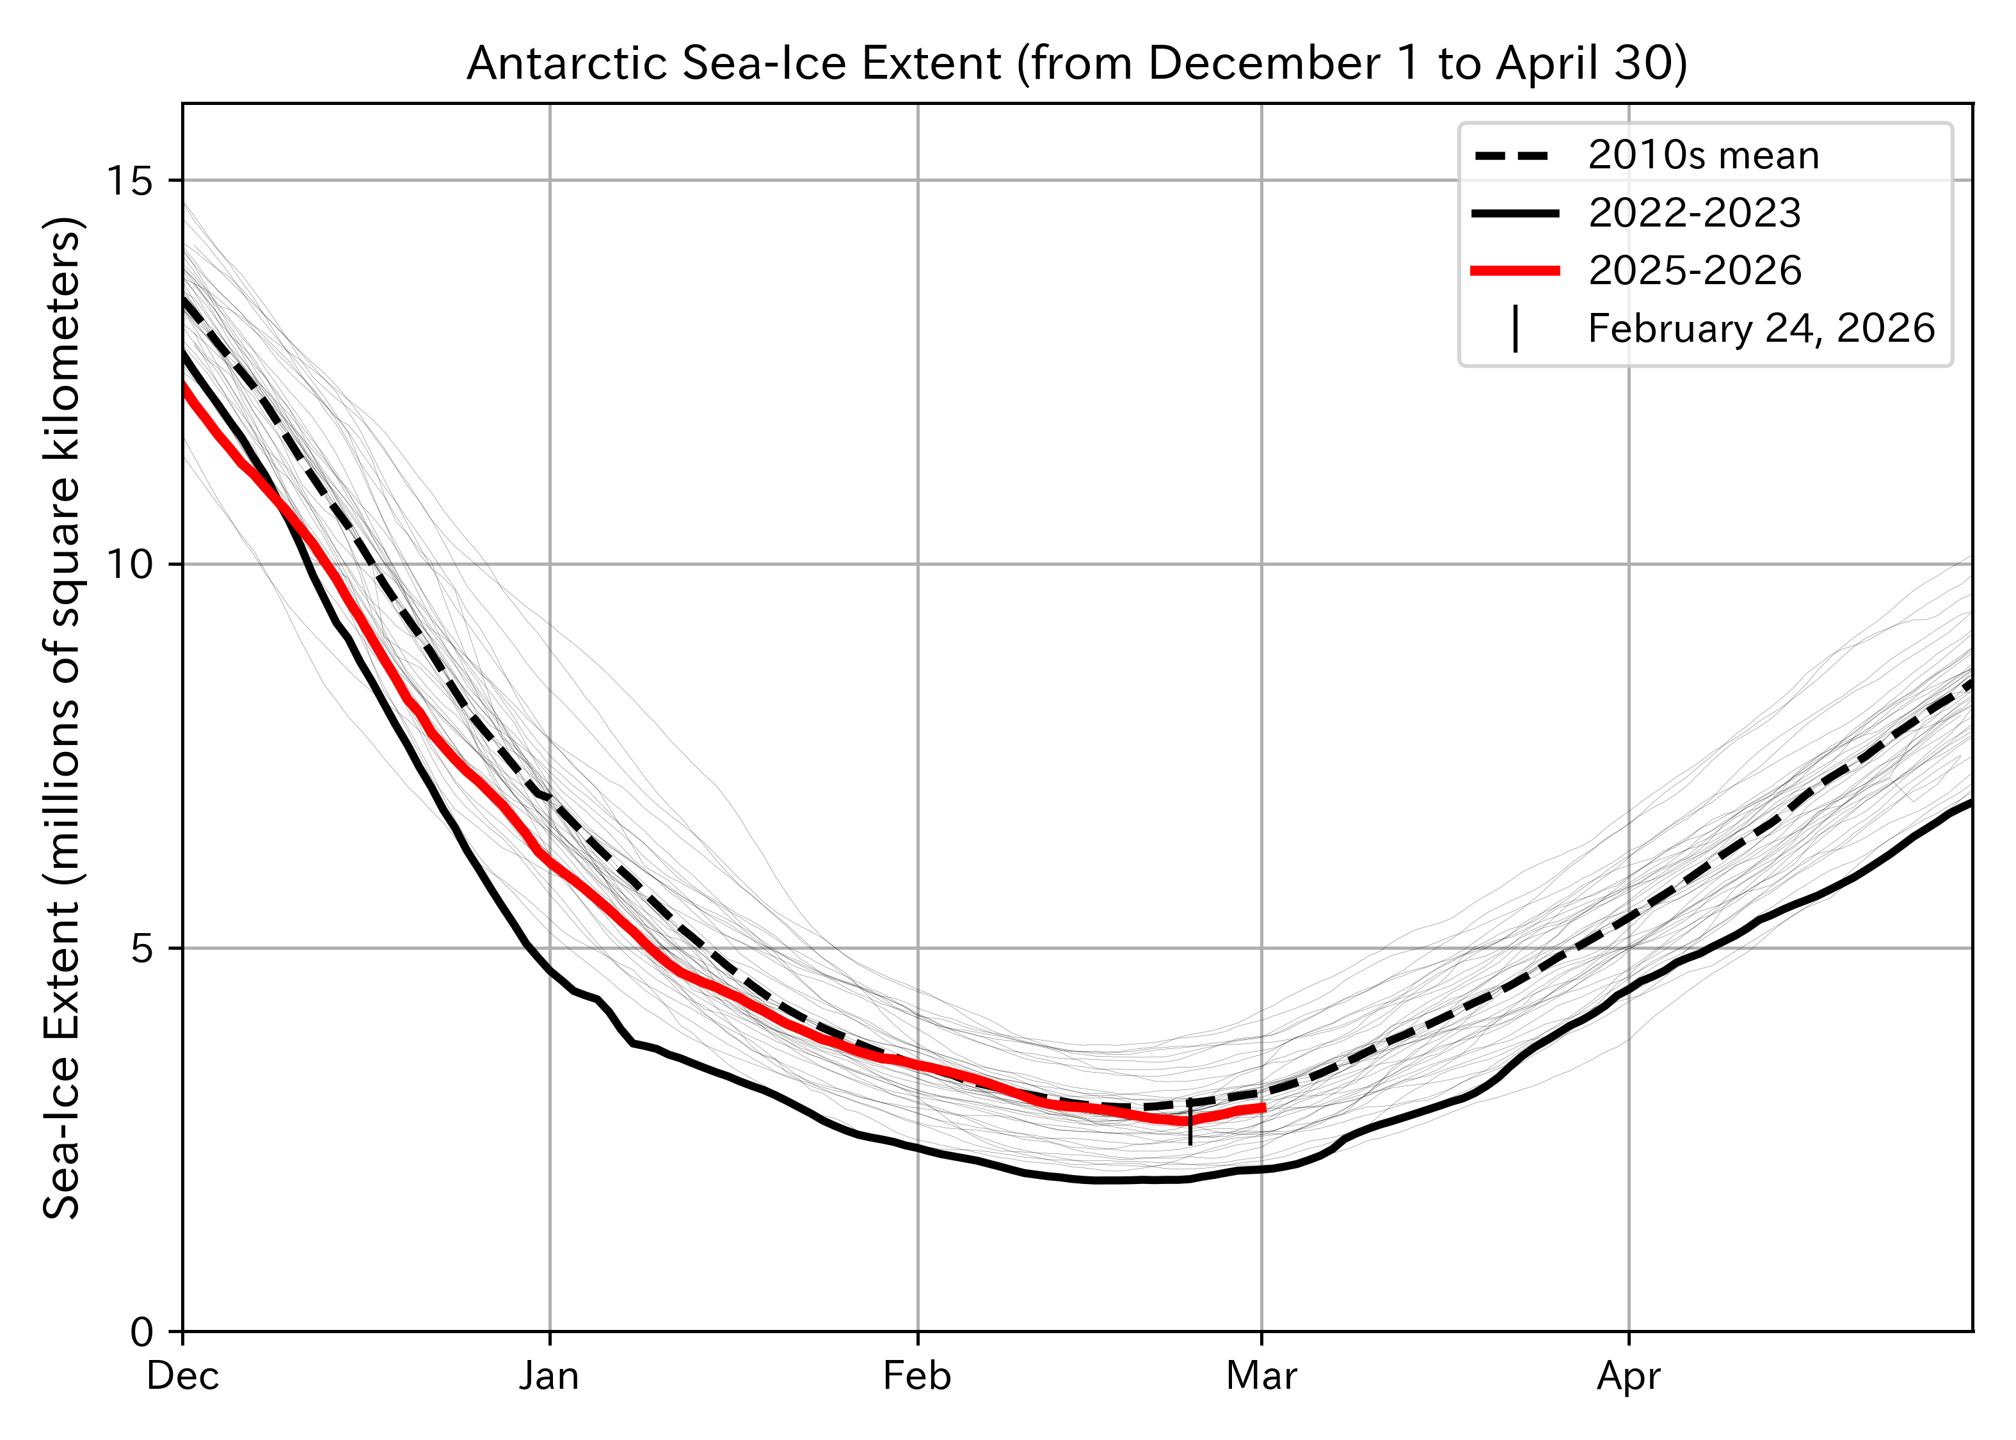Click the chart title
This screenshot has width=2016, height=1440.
pos(1076,64)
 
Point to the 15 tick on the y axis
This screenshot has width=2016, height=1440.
pos(129,181)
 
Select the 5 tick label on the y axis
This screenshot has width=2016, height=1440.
pos(142,948)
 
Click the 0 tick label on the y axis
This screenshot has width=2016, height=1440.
pos(142,1332)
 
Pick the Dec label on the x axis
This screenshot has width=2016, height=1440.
pos(182,1376)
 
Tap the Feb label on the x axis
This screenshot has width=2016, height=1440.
pos(916,1376)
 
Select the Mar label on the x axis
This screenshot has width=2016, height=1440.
pos(1261,1376)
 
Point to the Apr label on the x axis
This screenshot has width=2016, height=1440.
pos(1629,1376)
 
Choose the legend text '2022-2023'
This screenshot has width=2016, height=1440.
pos(1694,214)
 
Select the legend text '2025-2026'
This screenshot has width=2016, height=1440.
pos(1694,271)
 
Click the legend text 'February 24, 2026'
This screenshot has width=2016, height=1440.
pos(1761,329)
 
